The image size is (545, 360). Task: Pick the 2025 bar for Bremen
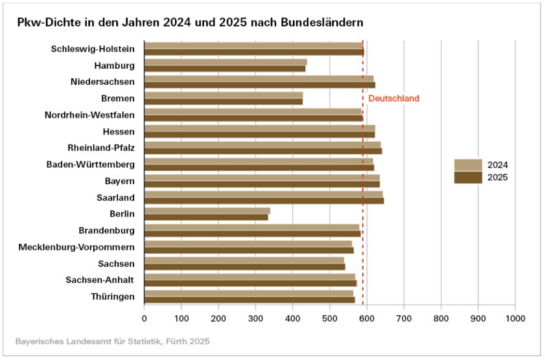[224, 102]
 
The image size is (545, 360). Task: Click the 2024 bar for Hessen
[259, 128]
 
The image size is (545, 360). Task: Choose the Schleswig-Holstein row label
[93, 49]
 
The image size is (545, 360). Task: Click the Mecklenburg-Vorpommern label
[76, 247]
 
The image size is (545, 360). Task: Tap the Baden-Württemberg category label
[91, 164]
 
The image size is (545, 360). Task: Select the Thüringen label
[113, 297]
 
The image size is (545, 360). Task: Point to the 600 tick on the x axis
[367, 319]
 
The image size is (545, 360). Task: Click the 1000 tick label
[515, 319]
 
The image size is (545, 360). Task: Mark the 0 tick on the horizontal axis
[145, 319]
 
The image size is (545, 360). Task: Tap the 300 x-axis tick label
[255, 319]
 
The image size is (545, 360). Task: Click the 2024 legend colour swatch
[468, 164]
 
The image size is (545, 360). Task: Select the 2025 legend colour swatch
[468, 177]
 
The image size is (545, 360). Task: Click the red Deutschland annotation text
[393, 99]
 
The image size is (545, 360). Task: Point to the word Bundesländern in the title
[321, 21]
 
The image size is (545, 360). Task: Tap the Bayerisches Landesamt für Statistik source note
[113, 340]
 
